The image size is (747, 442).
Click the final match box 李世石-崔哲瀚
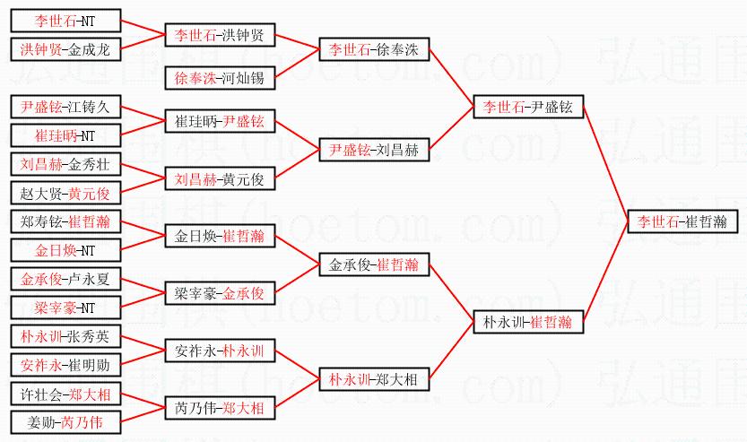[x=682, y=221]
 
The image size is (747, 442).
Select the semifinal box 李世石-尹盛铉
[x=528, y=108]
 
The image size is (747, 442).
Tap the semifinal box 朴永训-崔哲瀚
[x=528, y=321]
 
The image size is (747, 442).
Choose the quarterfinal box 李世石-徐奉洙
[x=374, y=49]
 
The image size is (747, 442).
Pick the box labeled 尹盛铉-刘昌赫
[x=374, y=150]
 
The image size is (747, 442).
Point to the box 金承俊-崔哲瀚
[x=374, y=264]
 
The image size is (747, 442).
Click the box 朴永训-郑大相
[x=374, y=379]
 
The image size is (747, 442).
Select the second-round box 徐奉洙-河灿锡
[x=220, y=78]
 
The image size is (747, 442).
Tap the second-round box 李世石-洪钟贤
[x=220, y=35]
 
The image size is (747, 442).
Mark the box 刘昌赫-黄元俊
[x=220, y=178]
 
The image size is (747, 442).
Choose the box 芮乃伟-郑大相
[x=220, y=408]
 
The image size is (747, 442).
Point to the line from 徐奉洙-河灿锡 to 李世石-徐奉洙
[x=297, y=64]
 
